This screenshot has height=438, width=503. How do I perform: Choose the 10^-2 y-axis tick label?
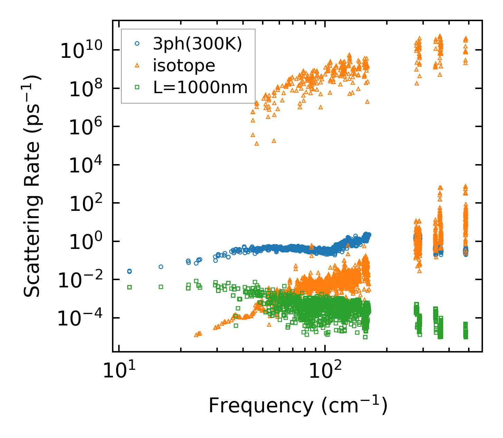pos(82,280)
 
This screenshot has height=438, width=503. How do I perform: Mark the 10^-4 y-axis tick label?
pos(82,319)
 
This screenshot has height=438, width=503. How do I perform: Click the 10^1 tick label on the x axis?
pos(119,372)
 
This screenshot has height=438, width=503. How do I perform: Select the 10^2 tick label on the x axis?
pos(325,372)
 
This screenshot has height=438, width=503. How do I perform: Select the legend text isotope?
pos(184,65)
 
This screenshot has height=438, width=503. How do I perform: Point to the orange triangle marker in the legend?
pos(137,65)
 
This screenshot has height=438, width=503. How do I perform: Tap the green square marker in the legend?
pos(137,87)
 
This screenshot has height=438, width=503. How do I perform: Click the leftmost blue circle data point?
pos(129,271)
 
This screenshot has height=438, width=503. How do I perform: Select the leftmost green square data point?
pos(129,287)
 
